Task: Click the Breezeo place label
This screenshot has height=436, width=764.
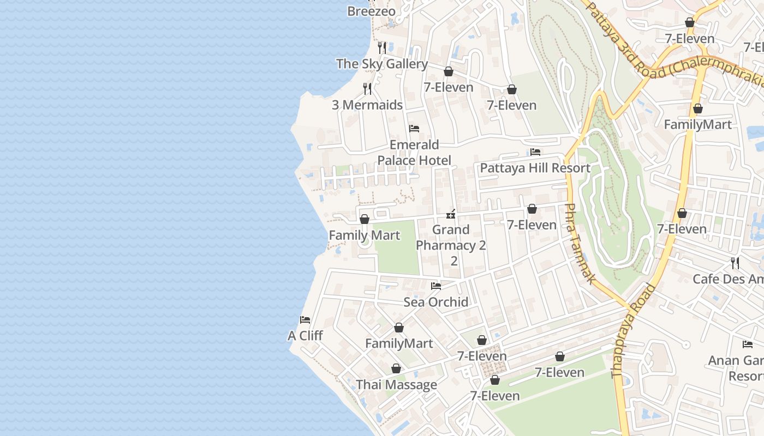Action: (371, 11)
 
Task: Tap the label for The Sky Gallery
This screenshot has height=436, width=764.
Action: (382, 64)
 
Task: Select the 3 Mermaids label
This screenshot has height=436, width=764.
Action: (367, 105)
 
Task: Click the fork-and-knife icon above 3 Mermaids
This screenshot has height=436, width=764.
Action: (367, 88)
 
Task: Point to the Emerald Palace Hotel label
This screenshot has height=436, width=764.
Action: (415, 153)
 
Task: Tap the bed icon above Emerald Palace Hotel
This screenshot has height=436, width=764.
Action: (414, 129)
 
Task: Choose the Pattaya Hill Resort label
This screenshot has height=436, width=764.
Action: (535, 168)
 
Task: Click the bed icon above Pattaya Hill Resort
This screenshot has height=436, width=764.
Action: (535, 152)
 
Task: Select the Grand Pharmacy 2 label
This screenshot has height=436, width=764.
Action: (451, 238)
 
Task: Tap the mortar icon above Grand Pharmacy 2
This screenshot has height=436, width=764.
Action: (451, 214)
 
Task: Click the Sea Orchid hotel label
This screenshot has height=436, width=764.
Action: (435, 302)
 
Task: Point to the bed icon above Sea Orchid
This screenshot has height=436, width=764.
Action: (435, 286)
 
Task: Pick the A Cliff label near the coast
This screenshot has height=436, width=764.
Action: (305, 336)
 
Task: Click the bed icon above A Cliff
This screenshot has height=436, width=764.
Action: (305, 320)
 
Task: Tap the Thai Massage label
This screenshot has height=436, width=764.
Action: (396, 385)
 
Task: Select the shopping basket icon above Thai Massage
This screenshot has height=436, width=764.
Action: (396, 369)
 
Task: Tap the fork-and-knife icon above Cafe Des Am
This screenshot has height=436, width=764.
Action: (735, 263)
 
